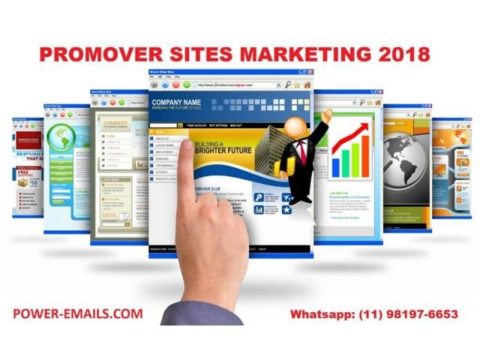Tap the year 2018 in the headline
(x=400, y=55)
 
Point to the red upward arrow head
(x=370, y=122)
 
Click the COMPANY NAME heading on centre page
(x=176, y=101)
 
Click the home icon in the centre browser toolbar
(x=307, y=85)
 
